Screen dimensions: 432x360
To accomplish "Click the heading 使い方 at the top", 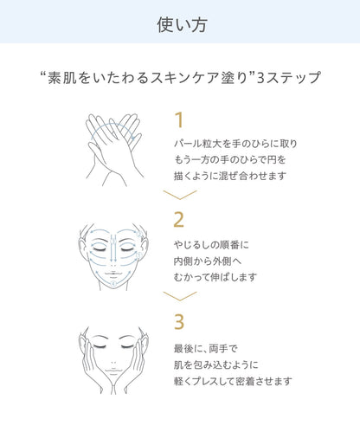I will coord(180,23).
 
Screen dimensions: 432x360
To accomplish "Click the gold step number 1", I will coord(179,119).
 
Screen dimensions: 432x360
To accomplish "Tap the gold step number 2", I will coord(179,219).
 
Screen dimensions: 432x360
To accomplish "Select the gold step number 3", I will coord(179,322).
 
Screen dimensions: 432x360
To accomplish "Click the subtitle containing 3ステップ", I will coord(180,78).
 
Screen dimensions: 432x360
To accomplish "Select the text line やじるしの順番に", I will coord(211,245).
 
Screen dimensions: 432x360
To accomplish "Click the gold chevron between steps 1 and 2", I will coord(180,195).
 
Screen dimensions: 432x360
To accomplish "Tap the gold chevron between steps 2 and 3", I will coord(180,296).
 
